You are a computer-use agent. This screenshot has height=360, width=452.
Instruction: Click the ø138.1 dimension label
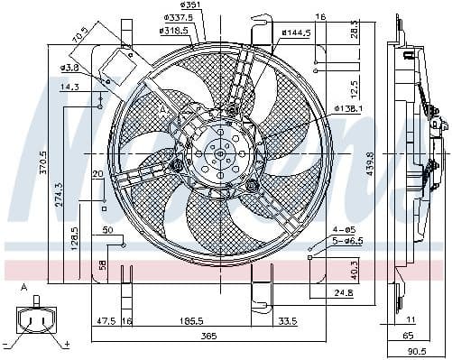(x=347, y=108)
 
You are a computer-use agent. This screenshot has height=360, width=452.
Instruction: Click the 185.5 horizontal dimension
(x=189, y=320)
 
